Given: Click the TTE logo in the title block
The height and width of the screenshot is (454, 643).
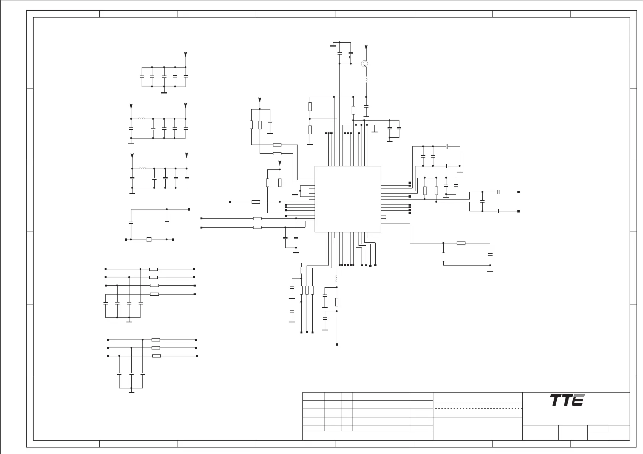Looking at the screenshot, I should click(567, 400).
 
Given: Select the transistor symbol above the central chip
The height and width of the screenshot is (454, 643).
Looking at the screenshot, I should click(365, 64).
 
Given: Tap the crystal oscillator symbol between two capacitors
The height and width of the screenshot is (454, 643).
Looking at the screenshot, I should click(149, 240).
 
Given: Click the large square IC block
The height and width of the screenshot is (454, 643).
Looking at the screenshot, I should click(347, 199).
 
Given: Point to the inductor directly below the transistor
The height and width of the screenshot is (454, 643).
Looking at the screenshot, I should click(366, 80).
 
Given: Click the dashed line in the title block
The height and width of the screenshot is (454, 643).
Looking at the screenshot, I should click(478, 408).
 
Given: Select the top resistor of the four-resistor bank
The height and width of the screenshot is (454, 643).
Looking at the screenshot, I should click(153, 269).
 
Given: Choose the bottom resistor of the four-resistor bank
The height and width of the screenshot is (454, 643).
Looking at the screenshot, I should click(154, 294).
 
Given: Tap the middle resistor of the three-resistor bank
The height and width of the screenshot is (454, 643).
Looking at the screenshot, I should click(156, 348).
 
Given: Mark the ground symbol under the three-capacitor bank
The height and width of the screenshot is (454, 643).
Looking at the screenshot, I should click(131, 391).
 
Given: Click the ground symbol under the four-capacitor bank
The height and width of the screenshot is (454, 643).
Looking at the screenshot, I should click(129, 321).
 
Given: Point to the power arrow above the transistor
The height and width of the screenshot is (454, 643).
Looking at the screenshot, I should click(366, 48).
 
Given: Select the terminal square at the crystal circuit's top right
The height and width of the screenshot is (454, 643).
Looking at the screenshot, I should click(189, 209).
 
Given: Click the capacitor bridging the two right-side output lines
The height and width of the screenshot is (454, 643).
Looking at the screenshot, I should click(483, 201).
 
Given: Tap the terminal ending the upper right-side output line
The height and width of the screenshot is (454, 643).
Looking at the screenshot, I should click(518, 192).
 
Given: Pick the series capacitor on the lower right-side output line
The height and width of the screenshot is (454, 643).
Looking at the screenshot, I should click(498, 211).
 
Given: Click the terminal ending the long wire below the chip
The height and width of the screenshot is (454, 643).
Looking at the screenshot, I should click(337, 345).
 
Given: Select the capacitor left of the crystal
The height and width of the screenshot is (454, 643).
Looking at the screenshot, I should click(131, 222).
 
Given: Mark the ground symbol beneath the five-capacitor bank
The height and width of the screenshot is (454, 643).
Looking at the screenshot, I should click(164, 92).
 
